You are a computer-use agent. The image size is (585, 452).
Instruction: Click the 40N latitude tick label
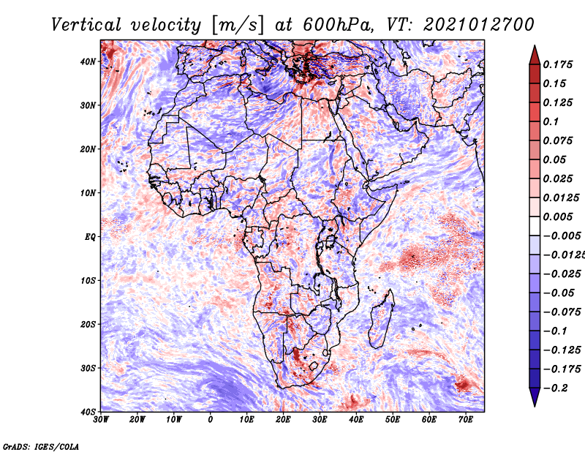tap(88, 61)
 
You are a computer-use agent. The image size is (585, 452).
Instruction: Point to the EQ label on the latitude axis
tap(90, 237)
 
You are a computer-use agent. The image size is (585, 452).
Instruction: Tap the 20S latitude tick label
tap(88, 324)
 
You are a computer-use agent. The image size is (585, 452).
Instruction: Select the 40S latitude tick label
tap(88, 412)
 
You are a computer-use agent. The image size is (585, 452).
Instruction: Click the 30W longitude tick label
tap(101, 420)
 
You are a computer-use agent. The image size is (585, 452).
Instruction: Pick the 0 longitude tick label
tap(211, 420)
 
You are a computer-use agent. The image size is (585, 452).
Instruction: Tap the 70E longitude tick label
tap(466, 420)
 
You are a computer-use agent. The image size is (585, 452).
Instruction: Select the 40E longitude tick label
tap(356, 420)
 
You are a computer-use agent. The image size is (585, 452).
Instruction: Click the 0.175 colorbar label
tap(558, 64)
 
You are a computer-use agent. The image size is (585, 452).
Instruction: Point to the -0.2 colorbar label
tap(556, 388)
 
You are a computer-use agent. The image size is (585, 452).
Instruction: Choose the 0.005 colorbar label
tap(558, 216)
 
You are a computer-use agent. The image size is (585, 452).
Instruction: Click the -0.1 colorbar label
tap(556, 331)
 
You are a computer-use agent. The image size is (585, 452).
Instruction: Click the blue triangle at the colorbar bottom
tap(535, 396)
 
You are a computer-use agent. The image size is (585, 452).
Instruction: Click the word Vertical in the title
tap(86, 25)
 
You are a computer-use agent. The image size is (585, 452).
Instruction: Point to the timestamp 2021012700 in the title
tap(479, 25)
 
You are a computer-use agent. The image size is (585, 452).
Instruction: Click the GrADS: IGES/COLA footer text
tap(41, 447)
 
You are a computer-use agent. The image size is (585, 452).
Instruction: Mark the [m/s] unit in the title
tap(237, 25)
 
